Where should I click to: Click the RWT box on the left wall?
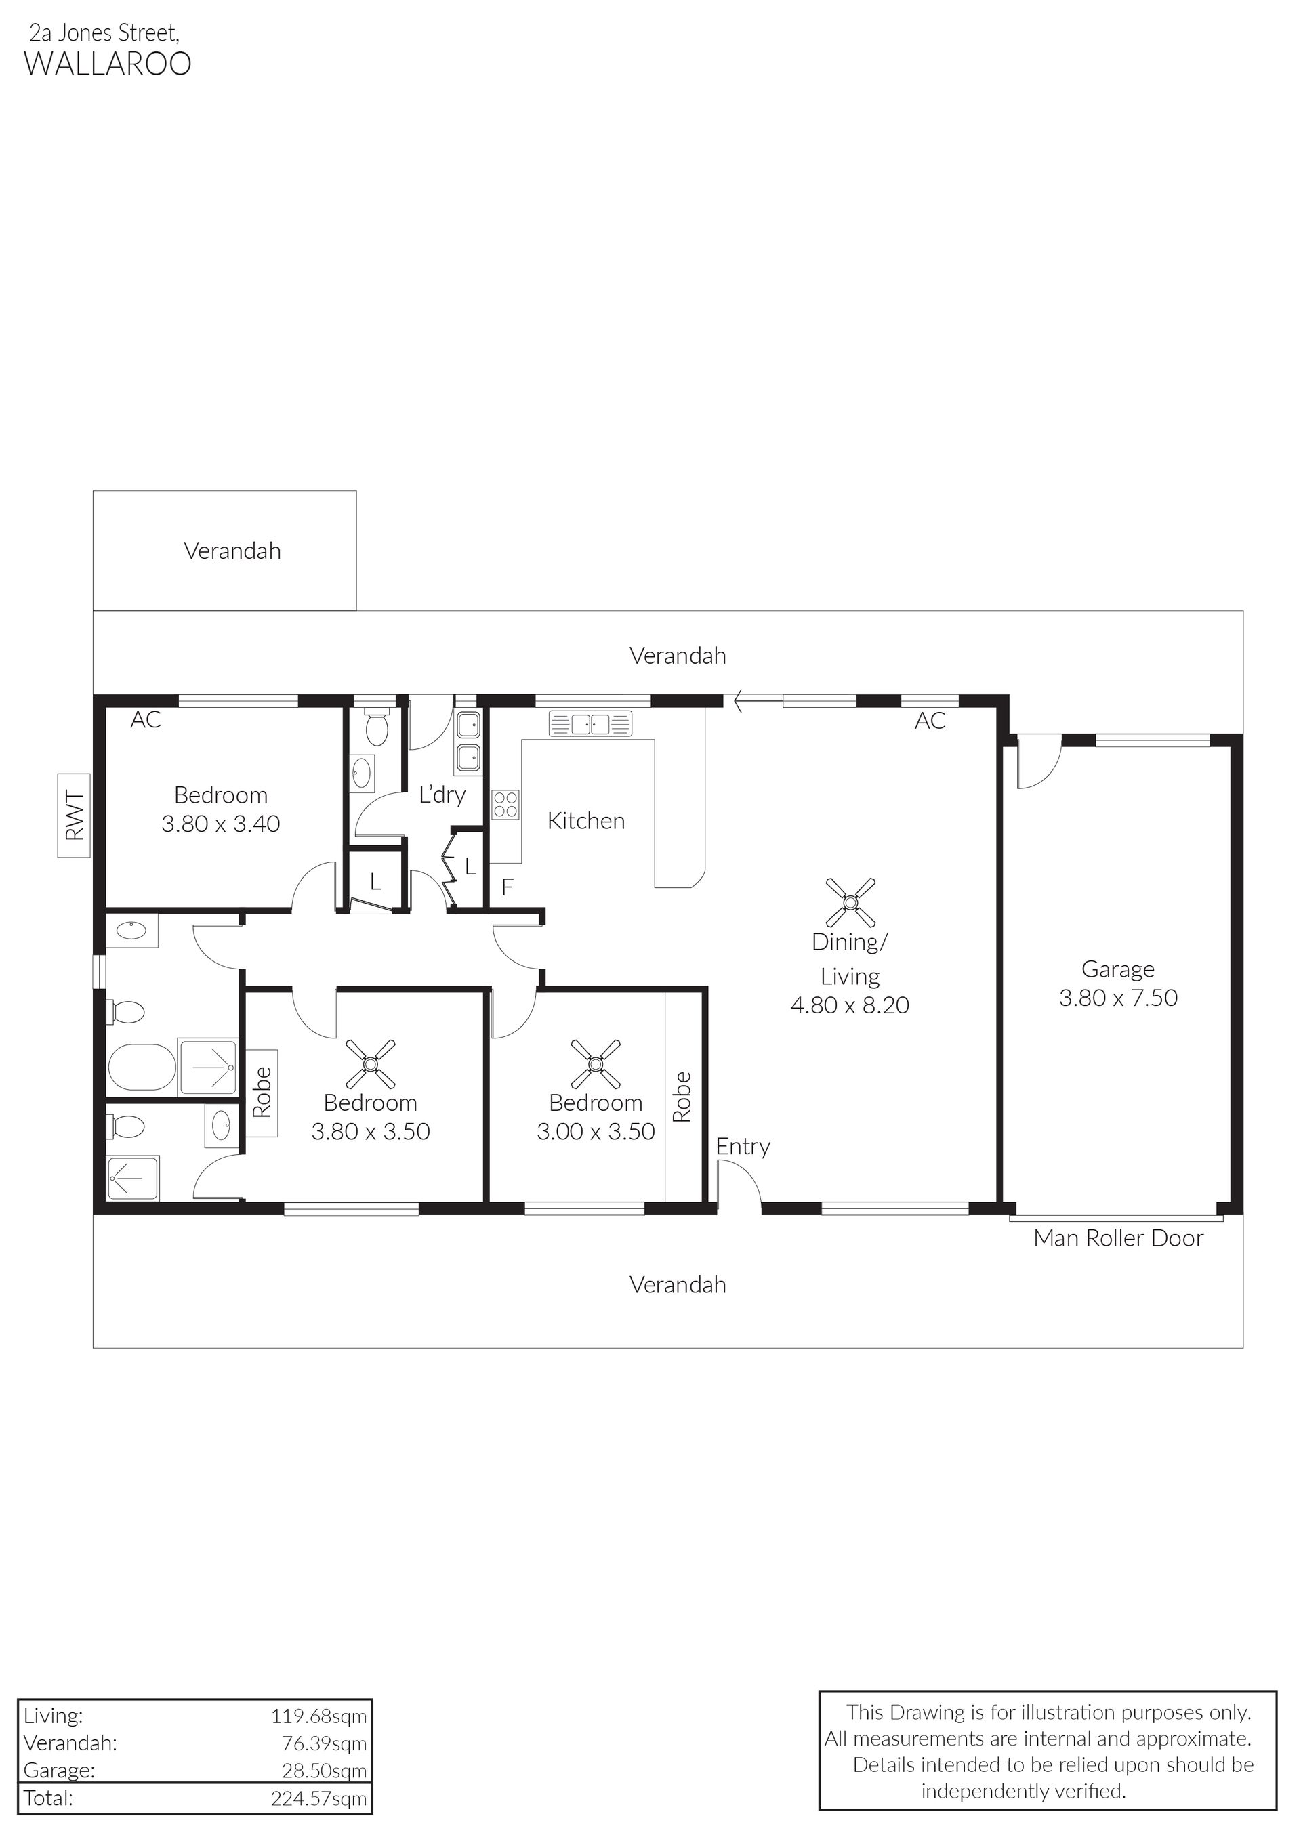point(74,815)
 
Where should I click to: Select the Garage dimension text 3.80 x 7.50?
point(1118,998)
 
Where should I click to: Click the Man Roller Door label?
point(1118,1238)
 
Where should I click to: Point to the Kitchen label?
point(585,821)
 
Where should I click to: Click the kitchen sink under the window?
point(590,724)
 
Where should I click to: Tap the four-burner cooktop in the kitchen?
point(505,804)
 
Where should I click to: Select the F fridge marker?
point(507,887)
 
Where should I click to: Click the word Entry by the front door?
point(743,1147)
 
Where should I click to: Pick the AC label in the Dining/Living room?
point(930,721)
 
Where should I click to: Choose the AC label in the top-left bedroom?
point(146,720)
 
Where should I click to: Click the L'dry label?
point(442,795)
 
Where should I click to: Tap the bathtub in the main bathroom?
point(141,1067)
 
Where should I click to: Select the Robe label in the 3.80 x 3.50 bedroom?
point(262,1093)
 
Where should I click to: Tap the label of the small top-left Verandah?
point(232,551)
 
